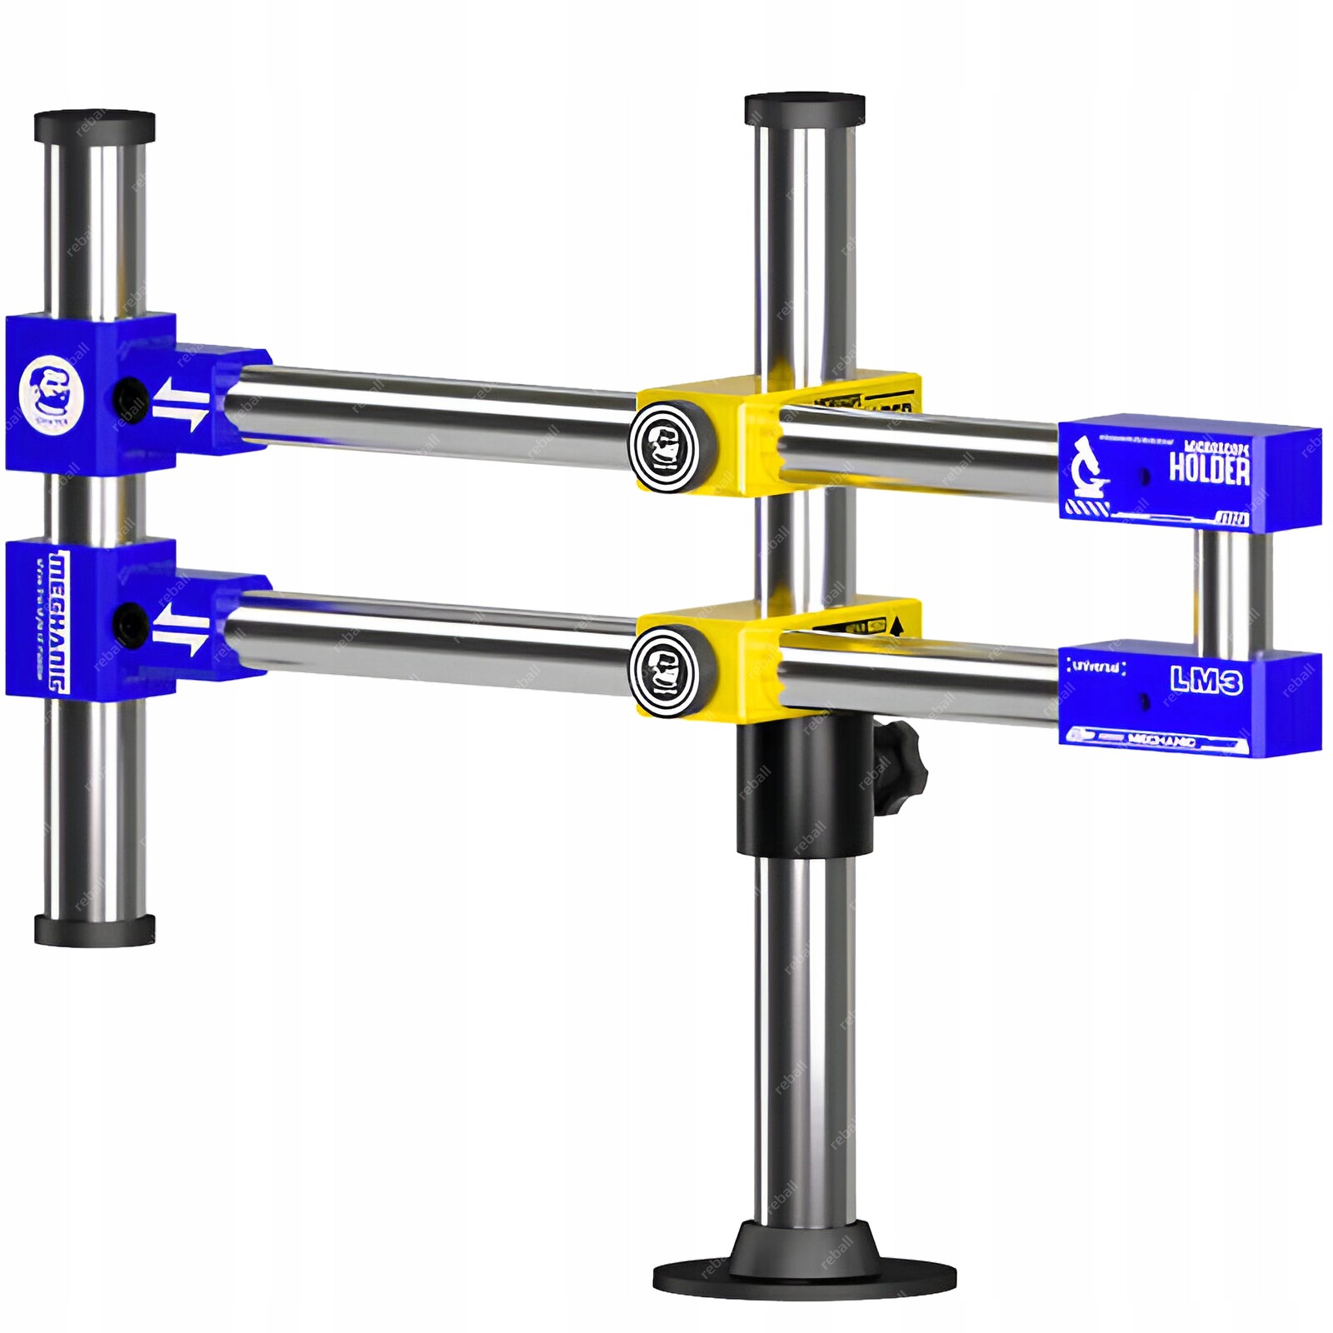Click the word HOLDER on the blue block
1209,468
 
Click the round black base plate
804,1275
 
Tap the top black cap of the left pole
94,126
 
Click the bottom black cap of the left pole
94,929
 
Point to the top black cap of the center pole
804,109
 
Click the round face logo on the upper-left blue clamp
52,392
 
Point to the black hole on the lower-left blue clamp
130,620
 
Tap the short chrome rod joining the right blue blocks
1232,592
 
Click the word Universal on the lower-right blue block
1096,666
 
